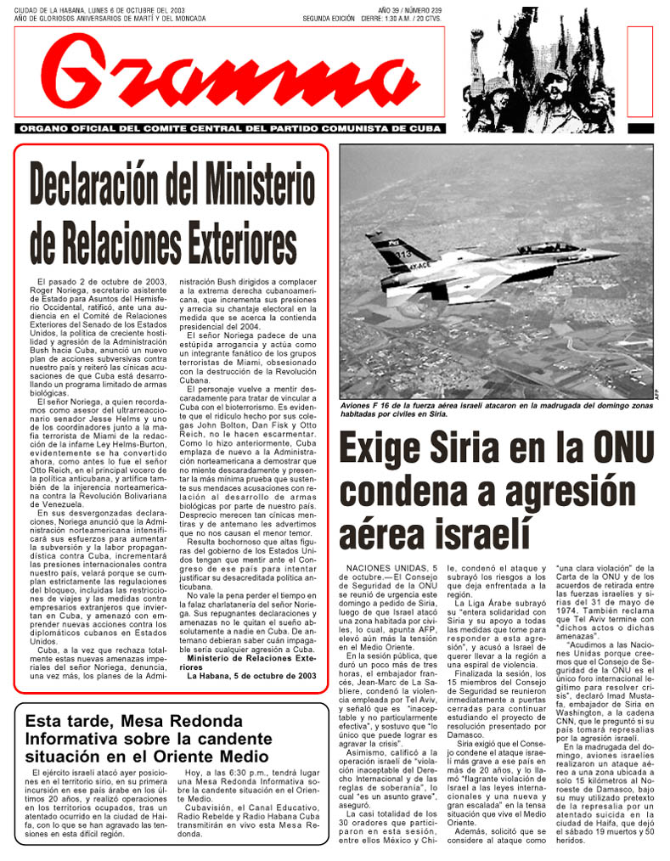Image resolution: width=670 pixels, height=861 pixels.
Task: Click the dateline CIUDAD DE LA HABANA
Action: (98, 10)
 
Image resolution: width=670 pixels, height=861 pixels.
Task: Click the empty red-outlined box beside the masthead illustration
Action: (639, 71)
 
